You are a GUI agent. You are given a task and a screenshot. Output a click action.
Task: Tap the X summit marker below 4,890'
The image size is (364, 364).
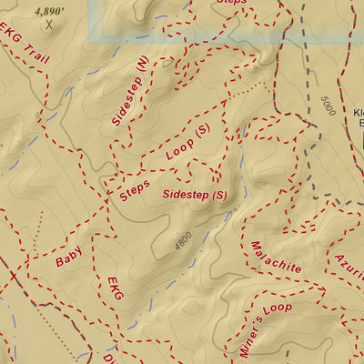point(37,25)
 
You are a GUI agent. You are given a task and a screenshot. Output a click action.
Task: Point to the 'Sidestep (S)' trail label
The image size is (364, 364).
point(194,195)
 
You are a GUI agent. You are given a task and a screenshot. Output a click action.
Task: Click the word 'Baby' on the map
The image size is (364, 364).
point(69,259)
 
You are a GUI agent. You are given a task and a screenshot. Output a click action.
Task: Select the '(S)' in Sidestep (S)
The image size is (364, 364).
point(218,195)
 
